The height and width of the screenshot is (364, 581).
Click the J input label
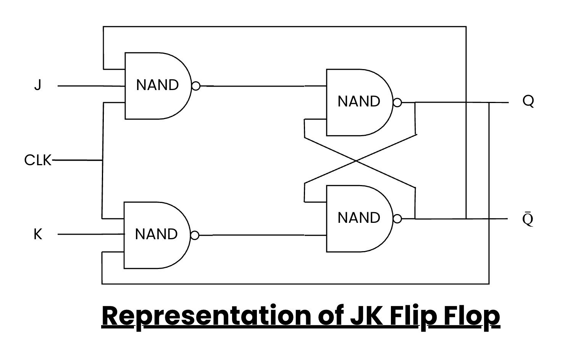point(37,85)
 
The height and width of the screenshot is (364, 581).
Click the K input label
point(38,234)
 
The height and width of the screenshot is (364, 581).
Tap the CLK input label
point(37,160)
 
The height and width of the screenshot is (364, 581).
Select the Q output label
point(528,101)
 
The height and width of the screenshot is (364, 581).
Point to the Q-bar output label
point(528,219)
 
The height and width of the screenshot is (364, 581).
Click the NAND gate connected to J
point(157,85)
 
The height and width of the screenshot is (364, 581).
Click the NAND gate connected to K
point(156,235)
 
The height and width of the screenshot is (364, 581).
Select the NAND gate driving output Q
point(358,102)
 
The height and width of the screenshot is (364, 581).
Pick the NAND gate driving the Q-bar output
point(358,218)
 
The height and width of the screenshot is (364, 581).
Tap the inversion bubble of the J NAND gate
point(196,86)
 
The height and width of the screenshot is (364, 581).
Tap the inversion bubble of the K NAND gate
point(195,235)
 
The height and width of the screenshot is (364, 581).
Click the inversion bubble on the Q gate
point(397,103)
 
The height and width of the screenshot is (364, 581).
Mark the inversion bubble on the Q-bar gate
point(397,219)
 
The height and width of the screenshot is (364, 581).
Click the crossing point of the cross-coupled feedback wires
point(357,161)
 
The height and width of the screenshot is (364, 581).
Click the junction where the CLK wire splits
point(102,161)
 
